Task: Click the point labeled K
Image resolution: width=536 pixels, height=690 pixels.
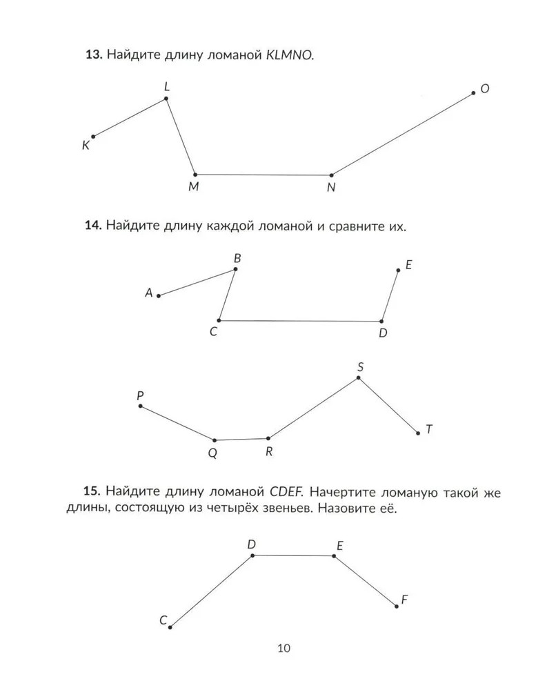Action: [x=93, y=137]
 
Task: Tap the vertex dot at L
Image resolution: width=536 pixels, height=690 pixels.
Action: [x=166, y=99]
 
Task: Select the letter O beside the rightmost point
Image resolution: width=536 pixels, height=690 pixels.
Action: [x=485, y=89]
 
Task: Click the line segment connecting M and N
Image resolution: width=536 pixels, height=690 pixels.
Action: [x=263, y=175]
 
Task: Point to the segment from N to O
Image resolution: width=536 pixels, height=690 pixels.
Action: [x=402, y=134]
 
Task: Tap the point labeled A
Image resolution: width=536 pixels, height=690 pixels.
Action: [x=159, y=295]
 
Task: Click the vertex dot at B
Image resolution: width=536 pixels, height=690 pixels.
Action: [x=235, y=269]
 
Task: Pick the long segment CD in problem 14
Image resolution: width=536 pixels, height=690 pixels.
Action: [x=300, y=321]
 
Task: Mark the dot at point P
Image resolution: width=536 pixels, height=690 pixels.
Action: [x=141, y=406]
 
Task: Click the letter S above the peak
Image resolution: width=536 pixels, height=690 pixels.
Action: [x=359, y=367]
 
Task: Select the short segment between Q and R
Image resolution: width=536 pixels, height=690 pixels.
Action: [x=241, y=439]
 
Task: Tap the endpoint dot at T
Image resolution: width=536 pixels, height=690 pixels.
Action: [x=418, y=433]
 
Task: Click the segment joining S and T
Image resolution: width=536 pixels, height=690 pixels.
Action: [x=388, y=406]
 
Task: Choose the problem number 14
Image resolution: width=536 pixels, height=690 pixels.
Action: [x=93, y=226]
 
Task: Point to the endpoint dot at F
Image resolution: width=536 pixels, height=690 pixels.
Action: [x=397, y=607]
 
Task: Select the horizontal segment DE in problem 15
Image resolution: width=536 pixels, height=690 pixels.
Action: [x=293, y=555]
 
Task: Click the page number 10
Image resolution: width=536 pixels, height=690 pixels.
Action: [x=284, y=648]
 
